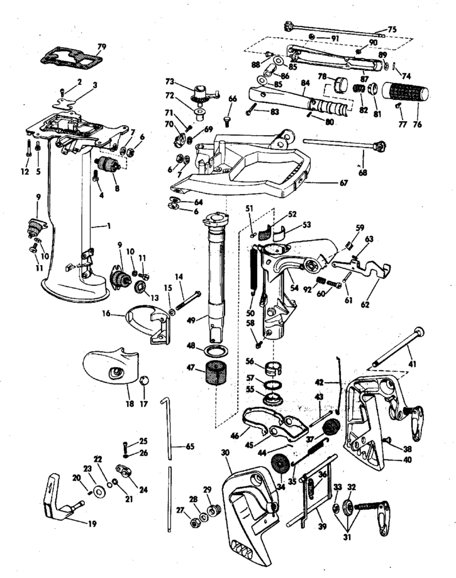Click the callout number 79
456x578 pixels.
click(101, 47)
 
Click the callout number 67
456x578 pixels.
click(343, 182)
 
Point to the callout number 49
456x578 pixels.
click(191, 320)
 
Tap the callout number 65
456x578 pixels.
click(189, 447)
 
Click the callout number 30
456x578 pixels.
click(226, 452)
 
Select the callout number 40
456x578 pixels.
click(407, 460)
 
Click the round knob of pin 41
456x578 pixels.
click(419, 332)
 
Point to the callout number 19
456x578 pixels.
click(92, 523)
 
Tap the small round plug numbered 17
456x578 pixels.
click(144, 380)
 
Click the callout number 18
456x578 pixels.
click(130, 403)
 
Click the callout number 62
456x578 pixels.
click(365, 305)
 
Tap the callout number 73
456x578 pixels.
click(169, 81)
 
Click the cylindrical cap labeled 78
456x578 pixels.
click(340, 84)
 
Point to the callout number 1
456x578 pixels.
click(109, 226)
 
